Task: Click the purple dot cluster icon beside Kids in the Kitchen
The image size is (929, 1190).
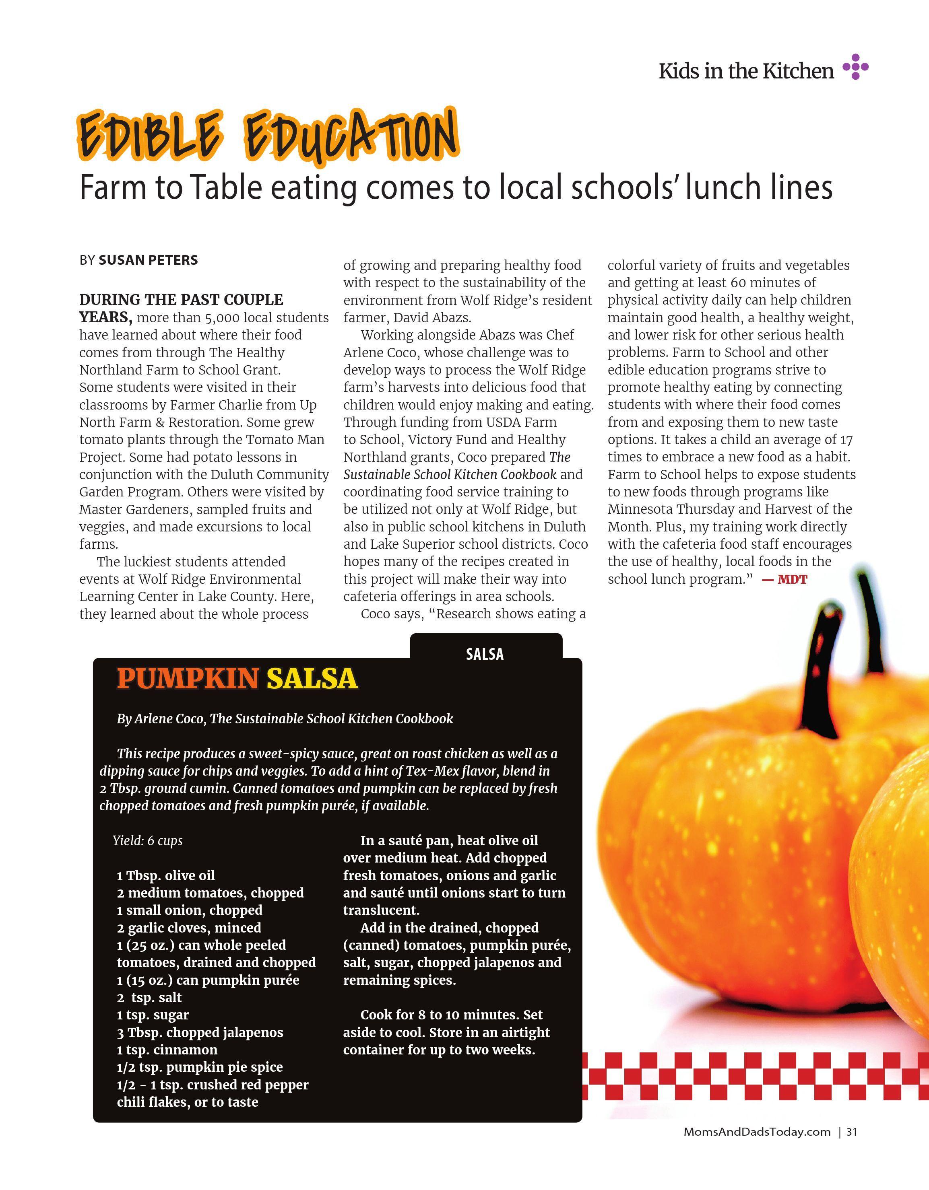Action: [x=855, y=67]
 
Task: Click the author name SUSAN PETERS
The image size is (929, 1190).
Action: [x=148, y=260]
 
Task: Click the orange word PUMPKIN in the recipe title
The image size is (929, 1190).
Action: [x=188, y=679]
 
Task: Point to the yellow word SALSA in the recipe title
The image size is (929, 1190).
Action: [x=312, y=679]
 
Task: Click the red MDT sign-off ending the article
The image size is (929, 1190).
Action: [x=792, y=579]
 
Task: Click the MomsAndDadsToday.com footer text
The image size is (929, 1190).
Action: [x=757, y=1132]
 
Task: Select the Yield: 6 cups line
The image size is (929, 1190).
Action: [x=148, y=841]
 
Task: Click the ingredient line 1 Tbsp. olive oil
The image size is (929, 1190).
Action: [x=166, y=876]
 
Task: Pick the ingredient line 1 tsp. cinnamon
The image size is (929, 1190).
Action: [x=167, y=1050]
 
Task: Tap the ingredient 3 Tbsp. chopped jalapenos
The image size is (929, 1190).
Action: [x=200, y=1033]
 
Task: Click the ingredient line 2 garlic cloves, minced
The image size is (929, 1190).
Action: [x=189, y=928]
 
